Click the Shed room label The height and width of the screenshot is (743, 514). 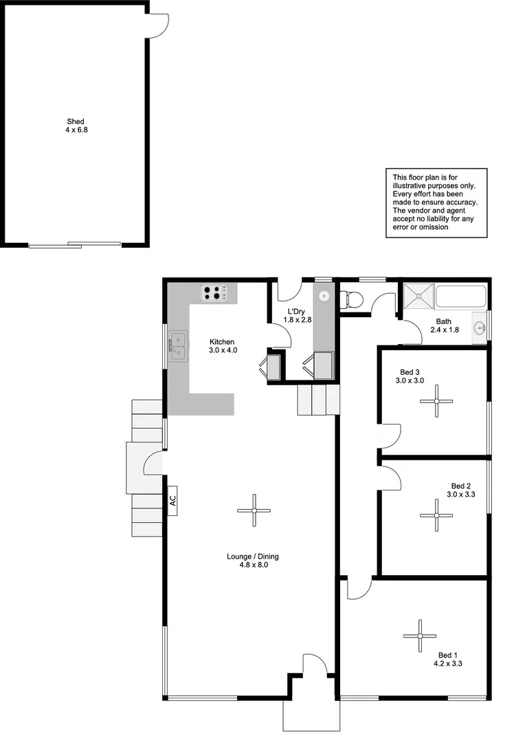point(76,125)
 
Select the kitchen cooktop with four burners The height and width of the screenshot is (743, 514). point(215,293)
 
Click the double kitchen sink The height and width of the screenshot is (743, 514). point(179,347)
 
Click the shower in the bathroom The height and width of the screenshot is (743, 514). point(418,296)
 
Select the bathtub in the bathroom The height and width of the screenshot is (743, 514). point(460,297)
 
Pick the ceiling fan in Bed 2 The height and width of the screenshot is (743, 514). point(437,515)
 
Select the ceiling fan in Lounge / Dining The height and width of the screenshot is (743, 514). point(254,510)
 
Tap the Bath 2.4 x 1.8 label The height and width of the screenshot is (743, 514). point(445,325)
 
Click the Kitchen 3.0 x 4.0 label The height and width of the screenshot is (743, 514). point(222,346)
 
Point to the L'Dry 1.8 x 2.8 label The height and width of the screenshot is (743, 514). point(298,316)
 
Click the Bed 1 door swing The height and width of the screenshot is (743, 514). point(358,589)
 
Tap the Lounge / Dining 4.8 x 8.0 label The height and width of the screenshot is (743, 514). point(253,561)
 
